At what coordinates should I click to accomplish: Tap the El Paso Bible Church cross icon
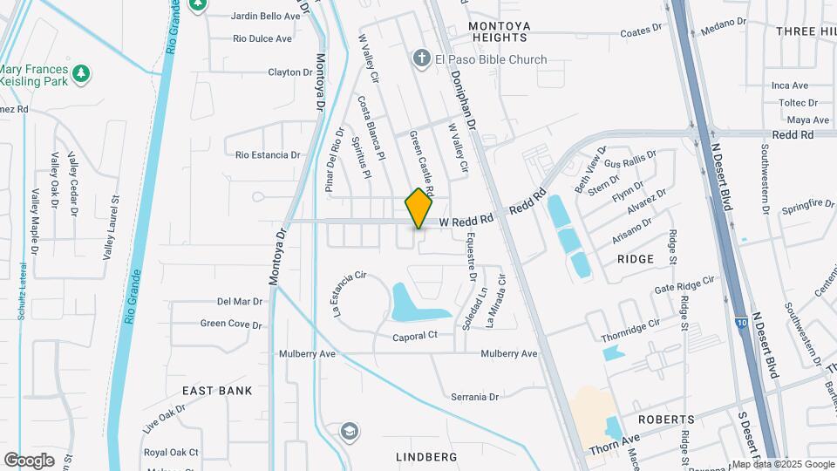[421, 59]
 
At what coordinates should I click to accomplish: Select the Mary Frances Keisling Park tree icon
[81, 73]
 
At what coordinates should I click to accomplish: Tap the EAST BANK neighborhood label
[217, 391]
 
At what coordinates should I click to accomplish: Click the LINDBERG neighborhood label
[426, 456]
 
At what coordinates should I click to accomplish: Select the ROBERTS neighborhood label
[666, 420]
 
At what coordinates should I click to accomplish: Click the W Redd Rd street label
[466, 222]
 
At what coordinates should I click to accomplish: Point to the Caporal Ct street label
[414, 336]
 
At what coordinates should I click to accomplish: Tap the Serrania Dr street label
[474, 397]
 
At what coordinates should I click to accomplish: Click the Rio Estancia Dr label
[268, 154]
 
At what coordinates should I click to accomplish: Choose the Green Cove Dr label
[231, 324]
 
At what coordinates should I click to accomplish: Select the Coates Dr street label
[641, 31]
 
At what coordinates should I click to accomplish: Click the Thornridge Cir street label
[630, 329]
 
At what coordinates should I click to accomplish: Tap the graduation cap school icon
[349, 432]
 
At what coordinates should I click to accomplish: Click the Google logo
[29, 460]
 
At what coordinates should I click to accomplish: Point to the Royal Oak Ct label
[172, 452]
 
